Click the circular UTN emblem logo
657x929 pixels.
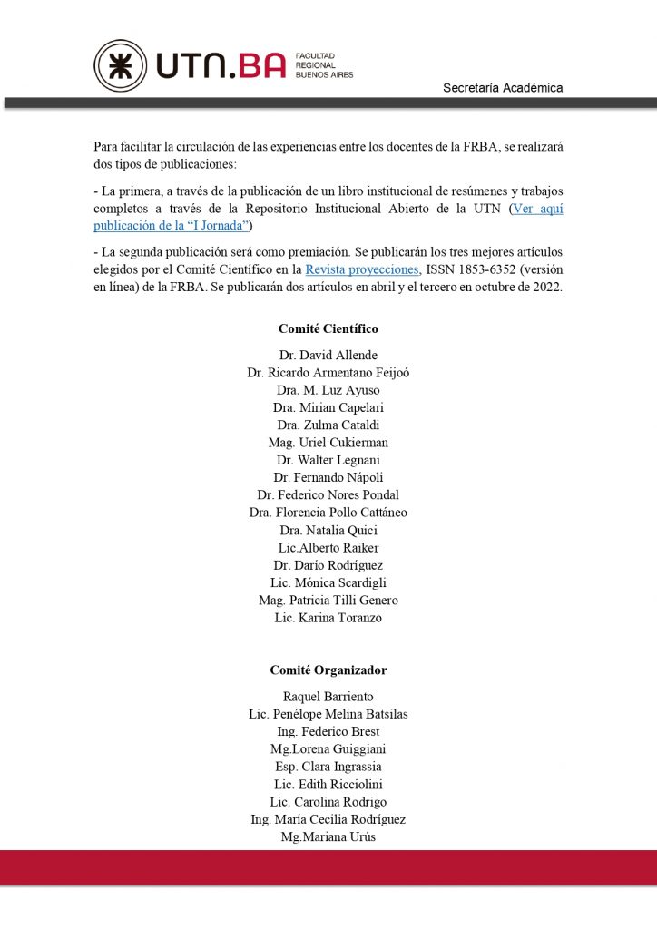[x=120, y=65]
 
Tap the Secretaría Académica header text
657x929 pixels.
[x=503, y=88]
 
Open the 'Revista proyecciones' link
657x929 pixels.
[x=362, y=269]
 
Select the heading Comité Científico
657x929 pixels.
[x=328, y=328]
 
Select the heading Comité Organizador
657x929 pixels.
[x=328, y=670]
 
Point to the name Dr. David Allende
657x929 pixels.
[x=328, y=356]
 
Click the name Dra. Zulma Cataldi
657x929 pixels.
[x=328, y=425]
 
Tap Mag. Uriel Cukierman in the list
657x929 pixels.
[x=328, y=443]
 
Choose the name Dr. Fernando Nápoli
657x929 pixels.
[x=328, y=477]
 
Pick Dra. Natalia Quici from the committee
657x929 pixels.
[x=328, y=531]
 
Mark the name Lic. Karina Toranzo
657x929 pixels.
[x=328, y=618]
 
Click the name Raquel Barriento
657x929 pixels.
[x=328, y=697]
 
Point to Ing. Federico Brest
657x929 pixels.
[x=328, y=732]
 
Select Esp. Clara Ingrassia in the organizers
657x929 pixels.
[x=328, y=767]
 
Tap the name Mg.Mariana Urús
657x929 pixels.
[x=328, y=837]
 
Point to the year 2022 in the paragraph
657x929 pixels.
[x=547, y=287]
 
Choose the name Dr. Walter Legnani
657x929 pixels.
[x=328, y=460]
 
